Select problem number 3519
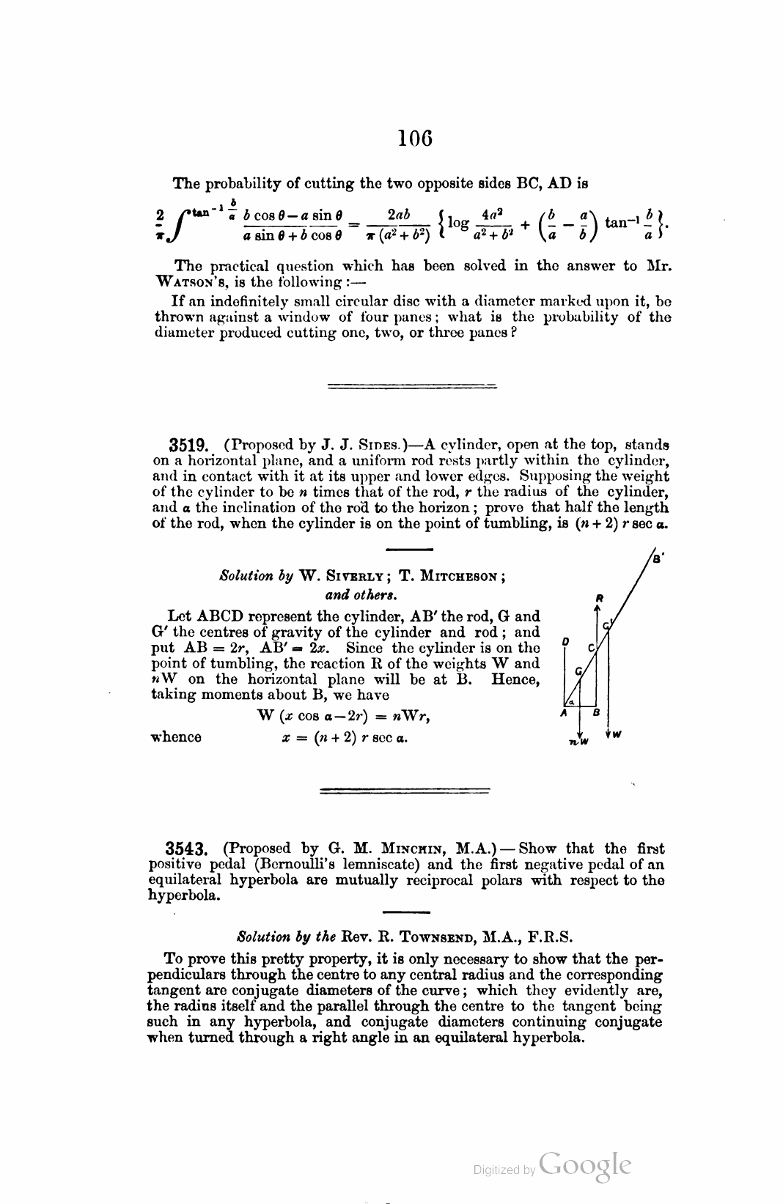189,445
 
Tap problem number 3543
187,849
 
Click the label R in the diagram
599,597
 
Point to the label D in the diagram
565,642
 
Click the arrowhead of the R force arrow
599,607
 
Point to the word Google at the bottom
584,1164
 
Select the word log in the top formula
458,222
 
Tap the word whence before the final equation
176,737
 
